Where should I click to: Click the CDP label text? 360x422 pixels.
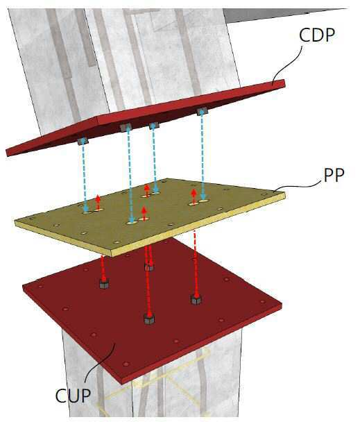pos(317,35)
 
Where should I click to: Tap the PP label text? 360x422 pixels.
pos(334,176)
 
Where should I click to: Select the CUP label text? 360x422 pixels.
pos(73,396)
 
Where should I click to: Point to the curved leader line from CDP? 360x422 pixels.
pos(287,65)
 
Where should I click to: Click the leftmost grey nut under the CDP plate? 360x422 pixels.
pos(83,141)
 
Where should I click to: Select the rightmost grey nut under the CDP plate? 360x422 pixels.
pos(202,111)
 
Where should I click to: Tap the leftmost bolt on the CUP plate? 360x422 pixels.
pos(104,284)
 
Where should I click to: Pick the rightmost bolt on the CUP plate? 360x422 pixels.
pos(196,299)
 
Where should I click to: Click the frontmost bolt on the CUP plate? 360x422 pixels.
pos(149,319)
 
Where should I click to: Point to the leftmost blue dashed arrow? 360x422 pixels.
pos(85,176)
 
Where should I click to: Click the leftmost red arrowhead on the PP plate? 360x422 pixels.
pos(98,199)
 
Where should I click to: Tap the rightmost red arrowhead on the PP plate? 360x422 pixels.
pos(194,192)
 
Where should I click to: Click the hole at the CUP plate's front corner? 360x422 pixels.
pos(126,364)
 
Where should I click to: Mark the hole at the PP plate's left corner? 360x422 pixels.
pos(31,219)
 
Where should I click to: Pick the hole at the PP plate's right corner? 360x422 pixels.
pos(264,194)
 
